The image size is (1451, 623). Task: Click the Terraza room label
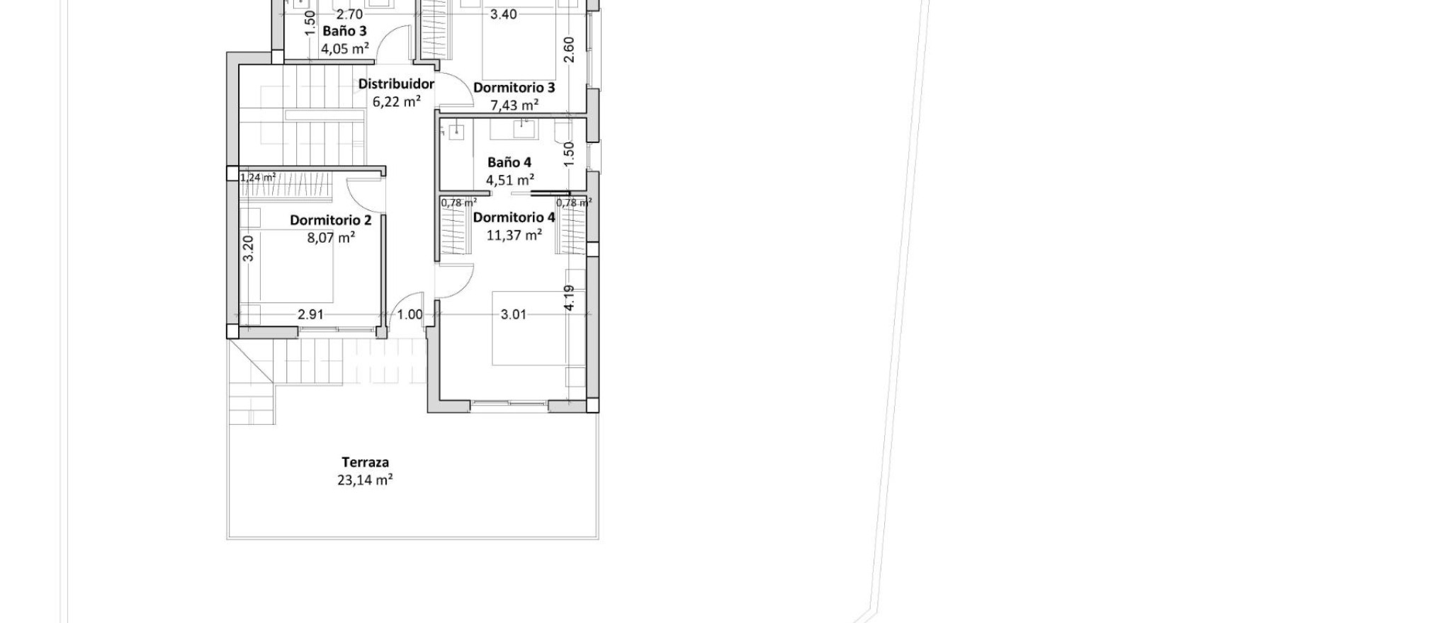click(365, 462)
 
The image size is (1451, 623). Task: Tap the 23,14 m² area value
click(365, 480)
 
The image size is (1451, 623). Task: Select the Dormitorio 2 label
click(330, 220)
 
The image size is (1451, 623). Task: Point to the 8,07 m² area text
click(331, 238)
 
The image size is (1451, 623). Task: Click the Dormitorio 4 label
click(514, 217)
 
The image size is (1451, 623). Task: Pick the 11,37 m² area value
click(514, 235)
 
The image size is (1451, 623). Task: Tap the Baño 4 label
click(509, 162)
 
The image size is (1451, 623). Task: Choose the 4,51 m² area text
click(509, 180)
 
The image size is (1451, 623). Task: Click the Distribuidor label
click(396, 84)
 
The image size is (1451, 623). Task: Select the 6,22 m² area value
click(397, 102)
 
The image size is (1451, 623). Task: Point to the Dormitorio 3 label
click(514, 88)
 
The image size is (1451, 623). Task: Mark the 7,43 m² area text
click(514, 105)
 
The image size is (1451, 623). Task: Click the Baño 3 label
click(344, 31)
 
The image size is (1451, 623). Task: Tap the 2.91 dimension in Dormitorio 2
click(310, 314)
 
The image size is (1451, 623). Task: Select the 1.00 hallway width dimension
click(410, 315)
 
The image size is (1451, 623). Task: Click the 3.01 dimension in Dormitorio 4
click(514, 314)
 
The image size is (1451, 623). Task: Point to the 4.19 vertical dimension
click(569, 297)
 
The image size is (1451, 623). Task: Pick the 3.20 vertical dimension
click(248, 248)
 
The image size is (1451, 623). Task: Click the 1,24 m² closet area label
click(258, 178)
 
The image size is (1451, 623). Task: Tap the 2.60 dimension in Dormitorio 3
click(569, 50)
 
